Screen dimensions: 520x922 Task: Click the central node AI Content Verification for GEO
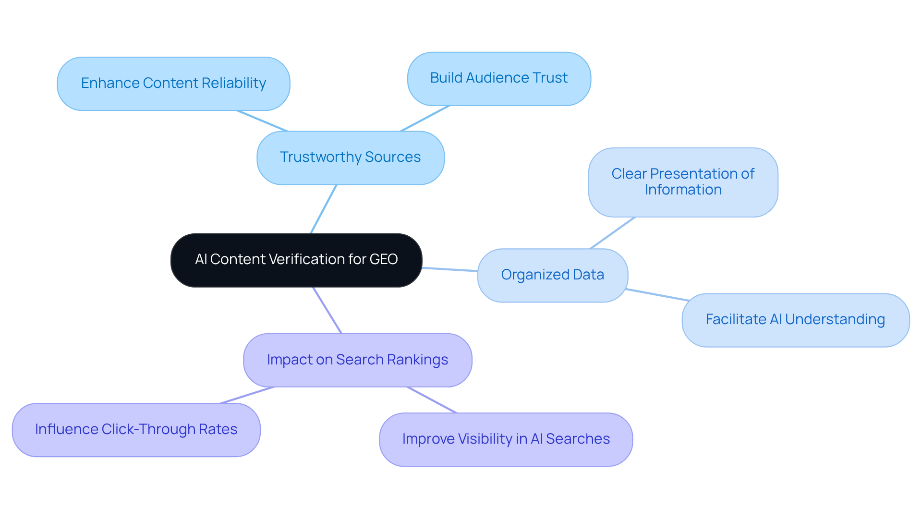tap(296, 260)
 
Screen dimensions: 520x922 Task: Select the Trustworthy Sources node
tap(350, 157)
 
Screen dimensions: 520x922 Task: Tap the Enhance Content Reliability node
tap(173, 84)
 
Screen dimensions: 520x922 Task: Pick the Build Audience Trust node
tap(499, 78)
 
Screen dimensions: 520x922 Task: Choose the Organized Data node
tap(552, 275)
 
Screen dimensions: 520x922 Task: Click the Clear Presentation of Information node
tap(683, 182)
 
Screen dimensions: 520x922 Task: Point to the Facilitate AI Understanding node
tap(795, 320)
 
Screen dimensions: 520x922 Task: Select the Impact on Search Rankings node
tap(357, 360)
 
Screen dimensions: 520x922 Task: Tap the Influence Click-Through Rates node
tap(136, 430)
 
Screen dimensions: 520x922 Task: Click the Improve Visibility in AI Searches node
tap(506, 439)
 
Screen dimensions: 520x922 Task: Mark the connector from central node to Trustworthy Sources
tap(323, 209)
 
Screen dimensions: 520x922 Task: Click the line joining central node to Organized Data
tap(450, 269)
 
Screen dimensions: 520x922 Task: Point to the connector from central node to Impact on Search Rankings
tap(327, 310)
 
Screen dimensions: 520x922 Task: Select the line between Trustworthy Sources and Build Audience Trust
tap(425, 118)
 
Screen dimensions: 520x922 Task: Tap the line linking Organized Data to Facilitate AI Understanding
tap(658, 295)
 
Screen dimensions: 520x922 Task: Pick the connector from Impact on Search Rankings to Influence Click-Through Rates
tap(247, 395)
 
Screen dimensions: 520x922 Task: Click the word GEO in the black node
tap(383, 260)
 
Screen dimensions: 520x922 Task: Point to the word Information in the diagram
tap(683, 190)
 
